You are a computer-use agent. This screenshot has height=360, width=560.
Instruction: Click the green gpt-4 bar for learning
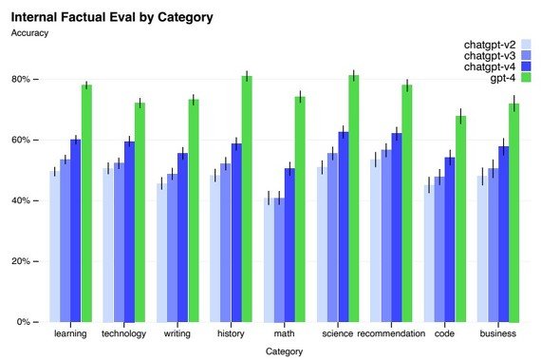86,203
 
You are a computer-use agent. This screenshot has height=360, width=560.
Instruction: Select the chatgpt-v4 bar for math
289,245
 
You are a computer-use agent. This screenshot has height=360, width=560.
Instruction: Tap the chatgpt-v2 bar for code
429,253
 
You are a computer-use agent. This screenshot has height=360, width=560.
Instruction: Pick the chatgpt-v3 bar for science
332,237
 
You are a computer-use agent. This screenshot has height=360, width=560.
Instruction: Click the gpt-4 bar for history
247,199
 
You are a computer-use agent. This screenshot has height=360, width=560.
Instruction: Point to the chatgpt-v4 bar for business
504,234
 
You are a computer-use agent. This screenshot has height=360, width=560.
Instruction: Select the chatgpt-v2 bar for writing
161,253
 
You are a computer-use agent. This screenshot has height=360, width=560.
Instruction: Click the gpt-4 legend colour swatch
526,78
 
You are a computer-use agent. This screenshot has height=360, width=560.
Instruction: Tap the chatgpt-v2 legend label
490,45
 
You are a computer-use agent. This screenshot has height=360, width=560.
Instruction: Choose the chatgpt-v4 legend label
490,66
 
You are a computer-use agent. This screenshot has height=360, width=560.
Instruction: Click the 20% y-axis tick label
21,261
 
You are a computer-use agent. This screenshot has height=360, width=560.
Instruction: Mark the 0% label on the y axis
23,322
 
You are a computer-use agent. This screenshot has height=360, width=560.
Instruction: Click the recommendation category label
391,333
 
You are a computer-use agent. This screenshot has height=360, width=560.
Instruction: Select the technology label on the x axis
124,334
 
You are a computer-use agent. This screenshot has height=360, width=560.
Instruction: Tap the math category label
285,333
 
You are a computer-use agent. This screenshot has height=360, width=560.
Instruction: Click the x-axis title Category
285,351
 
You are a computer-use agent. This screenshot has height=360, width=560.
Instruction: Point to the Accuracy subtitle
29,33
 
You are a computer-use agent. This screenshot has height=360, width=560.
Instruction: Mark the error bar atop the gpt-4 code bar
460,116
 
